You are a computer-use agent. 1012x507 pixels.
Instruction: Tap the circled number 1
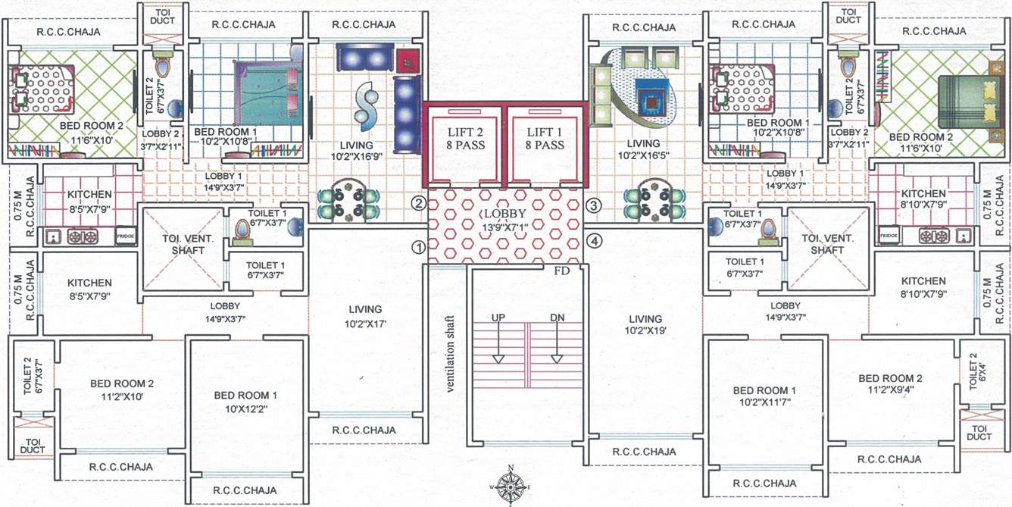point(417,247)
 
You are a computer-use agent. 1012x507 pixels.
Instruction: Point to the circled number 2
point(417,202)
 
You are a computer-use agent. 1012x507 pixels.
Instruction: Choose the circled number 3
point(595,205)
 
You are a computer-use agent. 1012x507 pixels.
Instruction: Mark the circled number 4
point(595,242)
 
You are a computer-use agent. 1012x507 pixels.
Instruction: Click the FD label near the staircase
point(562,270)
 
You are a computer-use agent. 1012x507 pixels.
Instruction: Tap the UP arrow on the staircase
point(498,340)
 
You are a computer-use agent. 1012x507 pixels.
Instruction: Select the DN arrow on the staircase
point(557,340)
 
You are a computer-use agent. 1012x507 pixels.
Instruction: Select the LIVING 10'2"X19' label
point(645,325)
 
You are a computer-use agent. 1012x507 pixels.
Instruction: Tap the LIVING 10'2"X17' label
point(365,317)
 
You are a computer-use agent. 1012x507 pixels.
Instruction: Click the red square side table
point(408,59)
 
